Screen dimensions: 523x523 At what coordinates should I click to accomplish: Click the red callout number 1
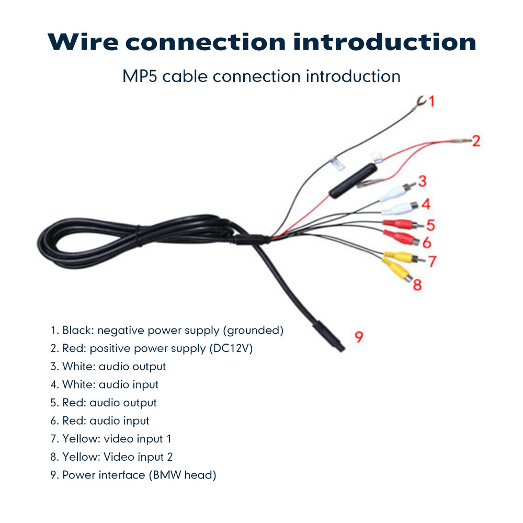(x=431, y=101)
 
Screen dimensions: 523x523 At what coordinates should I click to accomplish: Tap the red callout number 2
(x=475, y=141)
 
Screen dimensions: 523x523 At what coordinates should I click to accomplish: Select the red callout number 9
(x=359, y=336)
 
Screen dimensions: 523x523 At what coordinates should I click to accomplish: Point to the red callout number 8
(x=417, y=285)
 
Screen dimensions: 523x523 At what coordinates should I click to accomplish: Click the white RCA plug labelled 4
(x=401, y=208)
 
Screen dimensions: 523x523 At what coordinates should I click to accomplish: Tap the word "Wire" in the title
(x=89, y=42)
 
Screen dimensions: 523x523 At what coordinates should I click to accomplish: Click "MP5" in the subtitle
(x=140, y=76)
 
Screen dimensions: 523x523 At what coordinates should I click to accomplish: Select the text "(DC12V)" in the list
(x=231, y=348)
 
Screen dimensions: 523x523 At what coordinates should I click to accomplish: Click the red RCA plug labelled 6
(x=402, y=238)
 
